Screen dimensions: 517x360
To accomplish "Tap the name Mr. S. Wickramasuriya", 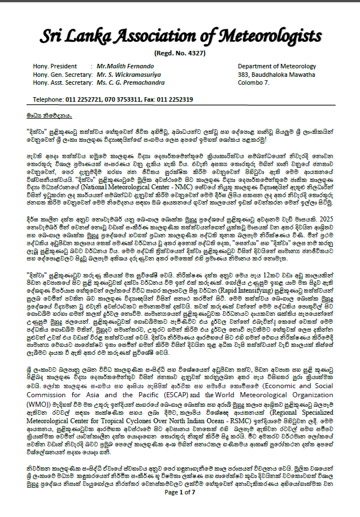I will pos(128,75).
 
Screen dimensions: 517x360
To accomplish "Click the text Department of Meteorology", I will pos(276,67).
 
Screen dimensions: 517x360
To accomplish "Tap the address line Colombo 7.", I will pos(254,82).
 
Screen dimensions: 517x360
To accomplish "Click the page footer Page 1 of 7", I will pos(179,508).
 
